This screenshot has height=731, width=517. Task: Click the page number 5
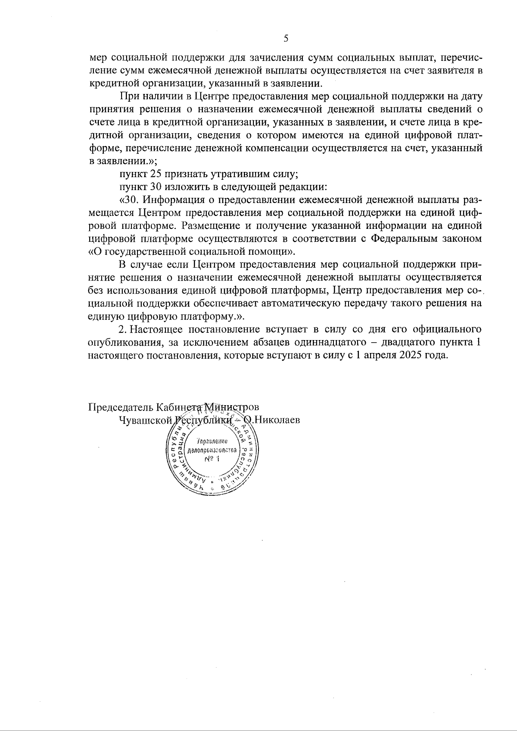pyautogui.click(x=286, y=38)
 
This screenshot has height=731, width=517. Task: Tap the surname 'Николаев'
pyautogui.click(x=277, y=420)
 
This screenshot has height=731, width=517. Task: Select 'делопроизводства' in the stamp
pyautogui.click(x=211, y=450)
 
